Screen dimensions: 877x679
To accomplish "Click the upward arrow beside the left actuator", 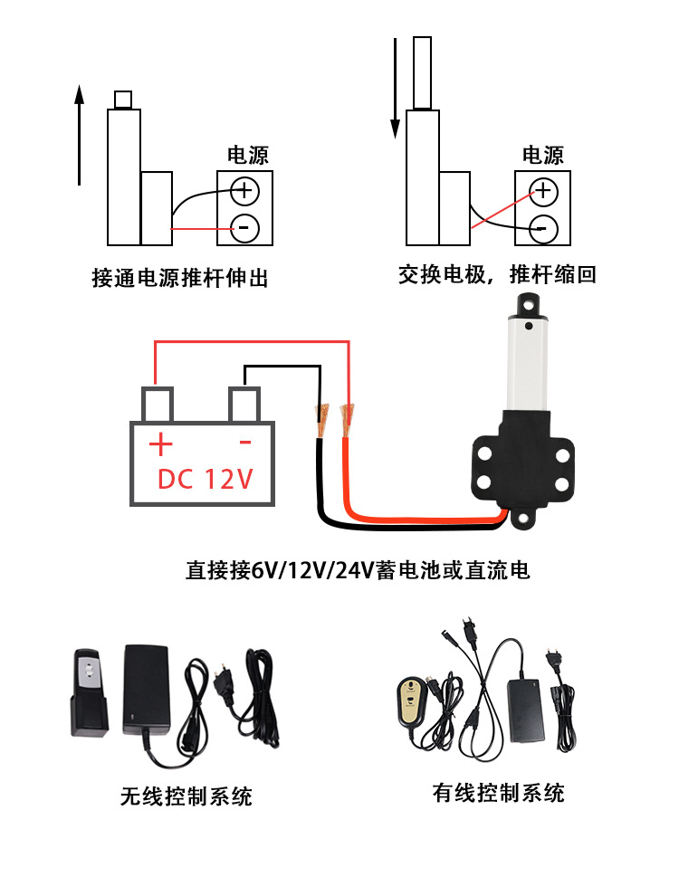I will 79,136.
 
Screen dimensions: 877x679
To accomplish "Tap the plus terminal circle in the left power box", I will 244,190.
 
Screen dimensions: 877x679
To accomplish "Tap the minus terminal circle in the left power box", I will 244,226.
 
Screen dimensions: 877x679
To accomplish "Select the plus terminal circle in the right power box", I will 542,190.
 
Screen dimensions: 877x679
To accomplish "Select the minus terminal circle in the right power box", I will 542,226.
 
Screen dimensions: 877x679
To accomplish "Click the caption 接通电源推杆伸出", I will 180,277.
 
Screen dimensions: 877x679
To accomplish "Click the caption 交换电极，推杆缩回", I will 497,274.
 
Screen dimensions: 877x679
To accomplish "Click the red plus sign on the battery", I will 160,444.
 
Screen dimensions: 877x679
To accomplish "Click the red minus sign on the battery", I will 244,443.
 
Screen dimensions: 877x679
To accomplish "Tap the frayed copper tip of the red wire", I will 345,417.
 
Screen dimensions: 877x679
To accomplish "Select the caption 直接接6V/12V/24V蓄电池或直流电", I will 358,570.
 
